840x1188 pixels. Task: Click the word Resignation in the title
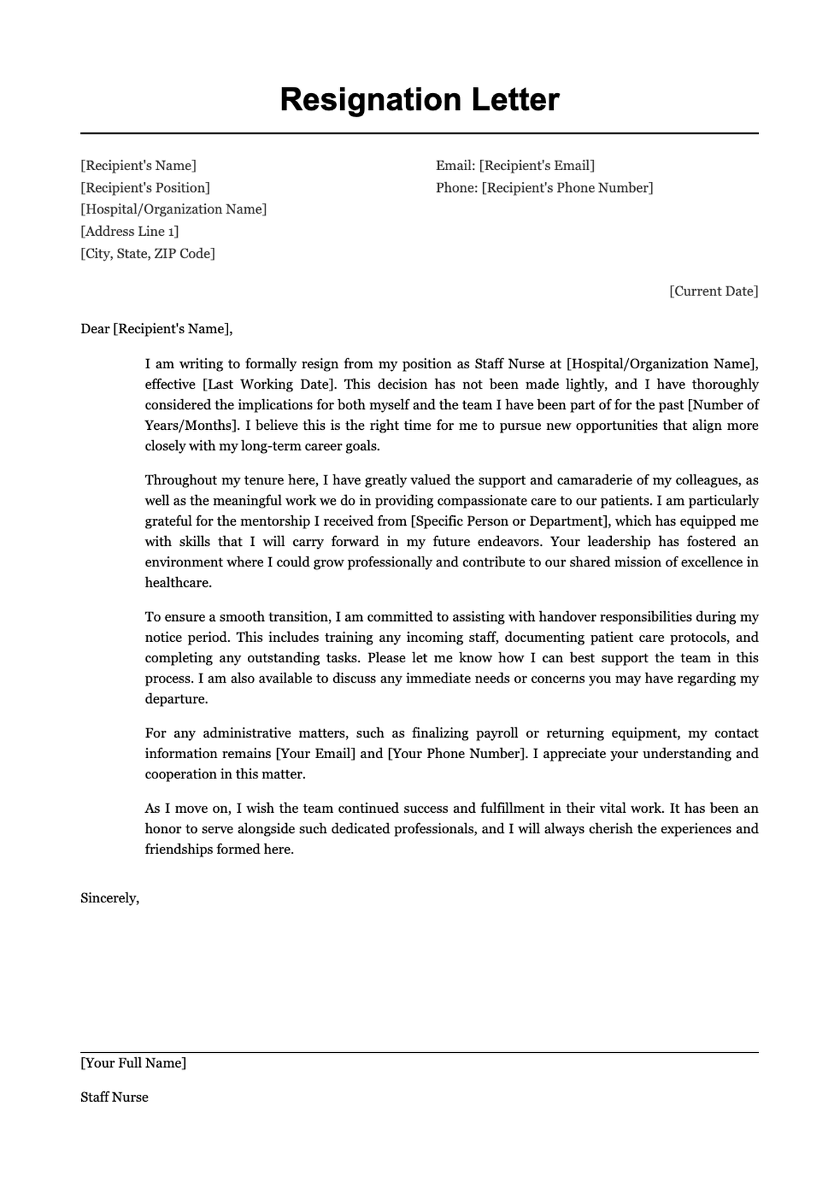[x=370, y=100]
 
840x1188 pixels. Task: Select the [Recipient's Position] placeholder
[x=145, y=188]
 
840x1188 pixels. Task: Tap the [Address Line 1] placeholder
[x=129, y=231]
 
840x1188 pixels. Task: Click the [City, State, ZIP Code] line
[x=148, y=253]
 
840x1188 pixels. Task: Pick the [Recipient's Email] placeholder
[x=537, y=166]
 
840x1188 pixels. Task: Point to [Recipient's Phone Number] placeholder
[x=567, y=188]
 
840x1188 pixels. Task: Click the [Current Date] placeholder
[x=713, y=291]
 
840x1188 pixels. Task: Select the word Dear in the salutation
[x=95, y=329]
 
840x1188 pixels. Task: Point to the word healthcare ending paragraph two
[x=177, y=582]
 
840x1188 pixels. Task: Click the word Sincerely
[x=110, y=898]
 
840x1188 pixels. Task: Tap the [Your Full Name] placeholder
[x=133, y=1063]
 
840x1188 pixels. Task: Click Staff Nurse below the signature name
[x=114, y=1098]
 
